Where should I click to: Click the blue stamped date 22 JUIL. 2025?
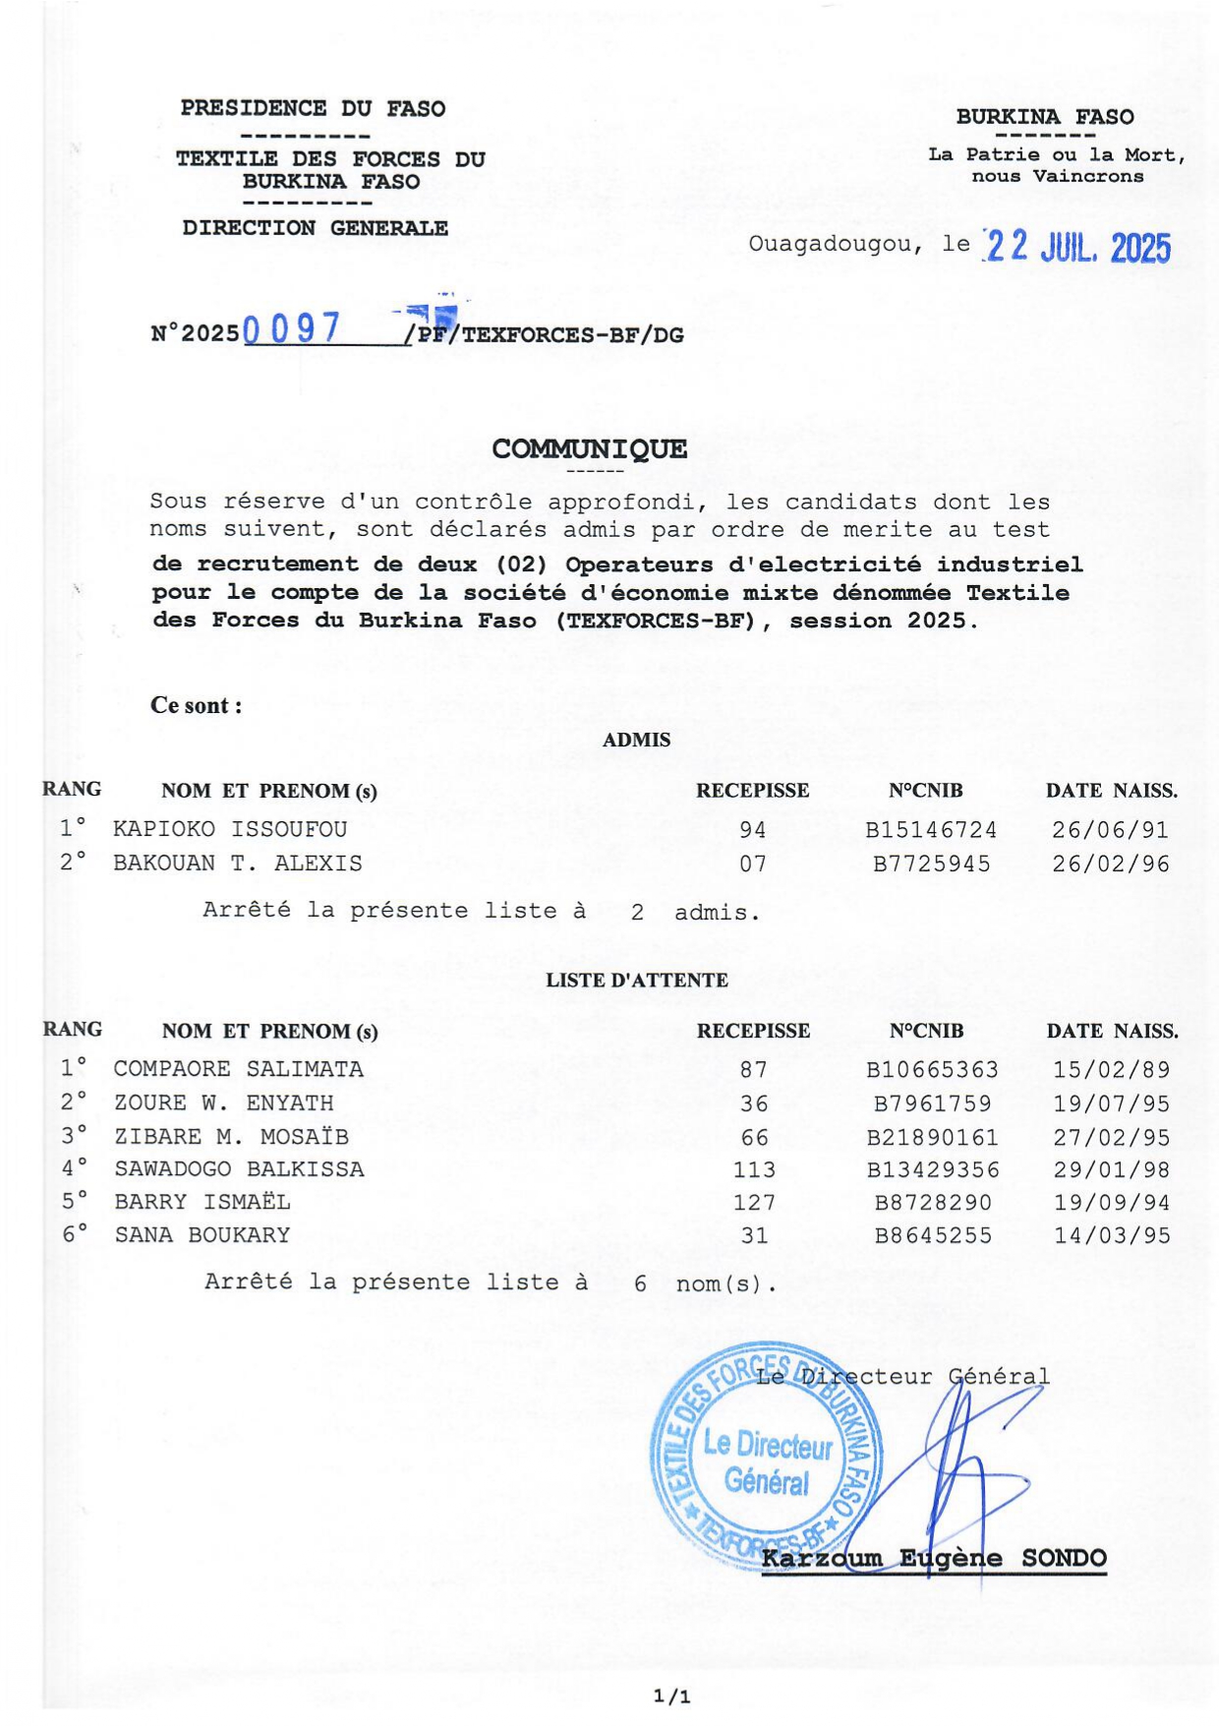point(1077,248)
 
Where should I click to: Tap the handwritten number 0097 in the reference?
point(291,328)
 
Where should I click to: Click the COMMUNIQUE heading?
point(589,449)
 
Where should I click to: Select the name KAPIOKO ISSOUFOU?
point(230,829)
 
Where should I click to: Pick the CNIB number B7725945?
point(932,864)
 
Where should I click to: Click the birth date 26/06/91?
point(1110,830)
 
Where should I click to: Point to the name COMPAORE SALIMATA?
point(238,1069)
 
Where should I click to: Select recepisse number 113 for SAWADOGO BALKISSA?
point(754,1170)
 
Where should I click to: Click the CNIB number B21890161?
point(932,1138)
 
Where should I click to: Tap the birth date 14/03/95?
point(1112,1236)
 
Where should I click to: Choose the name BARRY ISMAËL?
point(203,1202)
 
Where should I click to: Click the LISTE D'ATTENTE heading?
point(637,981)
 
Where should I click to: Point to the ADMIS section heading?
point(636,741)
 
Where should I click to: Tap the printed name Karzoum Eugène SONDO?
point(934,1559)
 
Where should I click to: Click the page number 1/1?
point(672,1696)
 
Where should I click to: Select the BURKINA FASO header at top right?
point(1044,117)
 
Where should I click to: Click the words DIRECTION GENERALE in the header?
point(315,228)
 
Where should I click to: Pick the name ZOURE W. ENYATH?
point(223,1103)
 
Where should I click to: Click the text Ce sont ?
point(196,705)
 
